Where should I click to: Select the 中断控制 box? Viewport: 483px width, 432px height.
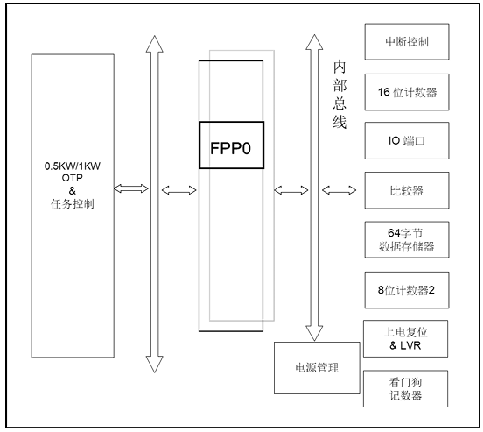point(406,41)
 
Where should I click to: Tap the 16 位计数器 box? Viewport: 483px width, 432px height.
point(406,90)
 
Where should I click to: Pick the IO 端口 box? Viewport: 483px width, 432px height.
point(406,138)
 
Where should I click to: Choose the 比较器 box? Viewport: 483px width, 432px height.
point(406,188)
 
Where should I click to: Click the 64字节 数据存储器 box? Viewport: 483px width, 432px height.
point(406,238)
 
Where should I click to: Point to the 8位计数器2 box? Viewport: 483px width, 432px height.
point(406,290)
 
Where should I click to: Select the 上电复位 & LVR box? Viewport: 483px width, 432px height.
point(406,339)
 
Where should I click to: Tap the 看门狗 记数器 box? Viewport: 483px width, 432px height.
point(406,388)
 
